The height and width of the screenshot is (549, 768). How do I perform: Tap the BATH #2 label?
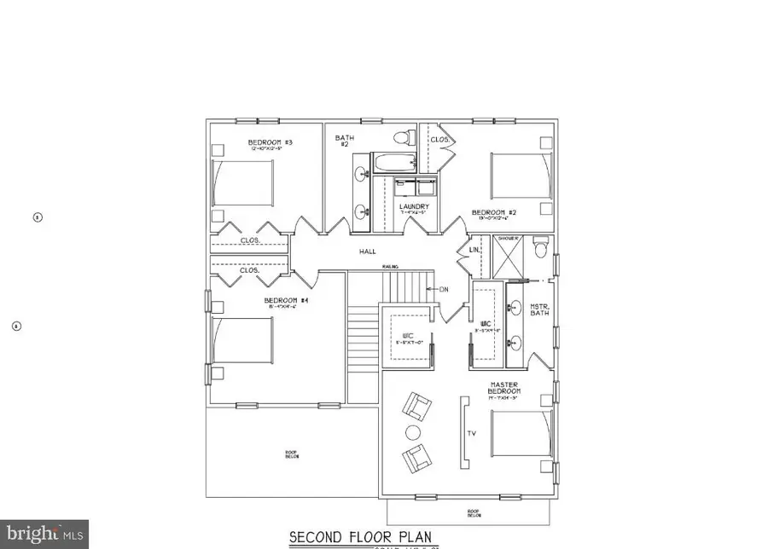point(344,141)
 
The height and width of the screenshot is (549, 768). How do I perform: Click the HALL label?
point(367,251)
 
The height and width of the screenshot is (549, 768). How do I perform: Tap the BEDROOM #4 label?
point(279,301)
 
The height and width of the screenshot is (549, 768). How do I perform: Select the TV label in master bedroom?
point(470,433)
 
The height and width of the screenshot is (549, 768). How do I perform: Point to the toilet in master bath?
point(538,249)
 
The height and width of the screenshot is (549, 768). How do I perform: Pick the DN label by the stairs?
point(444,290)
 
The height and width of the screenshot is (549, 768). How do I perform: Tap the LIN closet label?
point(474,250)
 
